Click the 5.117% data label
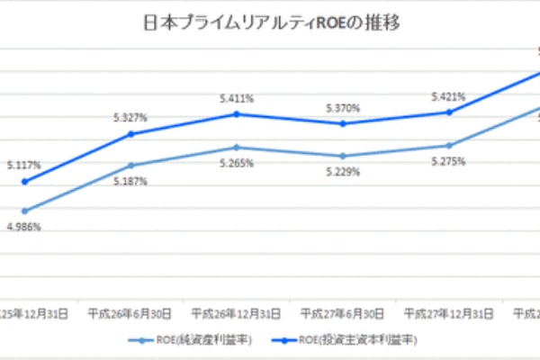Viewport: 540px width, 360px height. click(23, 166)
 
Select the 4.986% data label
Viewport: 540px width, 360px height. click(23, 227)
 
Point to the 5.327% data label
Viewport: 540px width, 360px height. click(130, 117)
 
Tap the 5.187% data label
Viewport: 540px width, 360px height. click(130, 181)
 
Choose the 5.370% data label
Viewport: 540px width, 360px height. click(343, 108)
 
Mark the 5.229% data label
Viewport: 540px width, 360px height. click(343, 171)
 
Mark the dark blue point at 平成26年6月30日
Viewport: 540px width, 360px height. click(130, 134)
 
